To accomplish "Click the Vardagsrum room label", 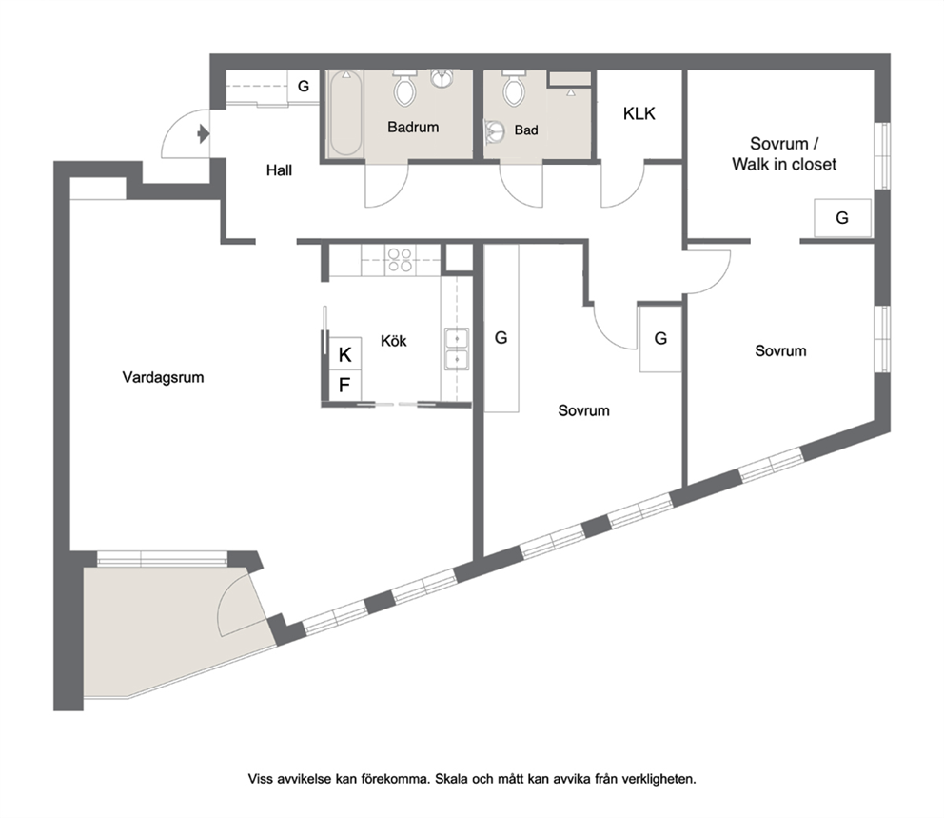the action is click(x=163, y=378).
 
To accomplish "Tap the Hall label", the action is click(x=280, y=170).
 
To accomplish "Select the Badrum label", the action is click(x=413, y=127).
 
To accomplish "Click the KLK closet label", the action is click(x=639, y=113).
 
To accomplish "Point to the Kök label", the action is click(x=394, y=341).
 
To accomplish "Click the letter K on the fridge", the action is click(x=345, y=355).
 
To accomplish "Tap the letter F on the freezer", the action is click(x=344, y=385).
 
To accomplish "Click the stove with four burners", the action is click(x=400, y=260).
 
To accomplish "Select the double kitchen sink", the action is click(x=457, y=349).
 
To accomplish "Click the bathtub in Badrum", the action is click(x=345, y=114).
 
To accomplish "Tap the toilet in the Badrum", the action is click(x=404, y=88).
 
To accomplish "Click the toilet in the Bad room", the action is click(x=514, y=88).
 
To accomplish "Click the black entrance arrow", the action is click(x=204, y=133).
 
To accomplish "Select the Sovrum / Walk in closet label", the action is click(x=784, y=153).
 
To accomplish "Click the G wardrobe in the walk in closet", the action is click(x=842, y=217).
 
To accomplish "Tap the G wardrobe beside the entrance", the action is click(x=304, y=86).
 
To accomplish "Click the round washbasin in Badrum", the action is click(x=442, y=78).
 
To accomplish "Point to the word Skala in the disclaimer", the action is click(x=451, y=779).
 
